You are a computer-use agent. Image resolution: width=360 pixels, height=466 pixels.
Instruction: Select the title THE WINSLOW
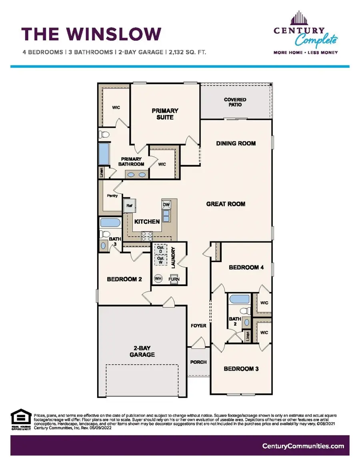(92, 34)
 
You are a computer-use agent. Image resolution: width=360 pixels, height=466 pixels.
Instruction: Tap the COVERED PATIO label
(235, 102)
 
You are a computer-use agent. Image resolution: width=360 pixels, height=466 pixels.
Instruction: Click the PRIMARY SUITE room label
(165, 114)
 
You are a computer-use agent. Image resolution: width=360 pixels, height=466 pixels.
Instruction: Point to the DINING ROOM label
(236, 143)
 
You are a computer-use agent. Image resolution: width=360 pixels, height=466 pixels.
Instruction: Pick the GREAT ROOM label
(226, 204)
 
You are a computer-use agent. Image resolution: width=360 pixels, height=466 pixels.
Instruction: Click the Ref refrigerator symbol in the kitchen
(130, 206)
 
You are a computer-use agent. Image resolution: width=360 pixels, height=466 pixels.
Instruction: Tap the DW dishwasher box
(166, 204)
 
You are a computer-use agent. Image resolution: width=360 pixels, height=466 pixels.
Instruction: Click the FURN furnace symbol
(174, 279)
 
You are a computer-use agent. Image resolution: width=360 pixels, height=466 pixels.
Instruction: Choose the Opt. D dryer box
(161, 249)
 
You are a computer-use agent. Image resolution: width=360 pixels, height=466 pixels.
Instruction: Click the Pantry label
(112, 196)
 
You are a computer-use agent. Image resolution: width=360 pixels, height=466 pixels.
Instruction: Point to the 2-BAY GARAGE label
(142, 351)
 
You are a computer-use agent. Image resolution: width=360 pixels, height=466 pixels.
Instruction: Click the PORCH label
(198, 362)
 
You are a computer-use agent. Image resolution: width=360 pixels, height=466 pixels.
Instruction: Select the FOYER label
(198, 326)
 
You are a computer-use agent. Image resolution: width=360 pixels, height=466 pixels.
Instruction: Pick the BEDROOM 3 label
(241, 368)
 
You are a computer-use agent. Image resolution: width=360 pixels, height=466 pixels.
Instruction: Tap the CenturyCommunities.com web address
(303, 446)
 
